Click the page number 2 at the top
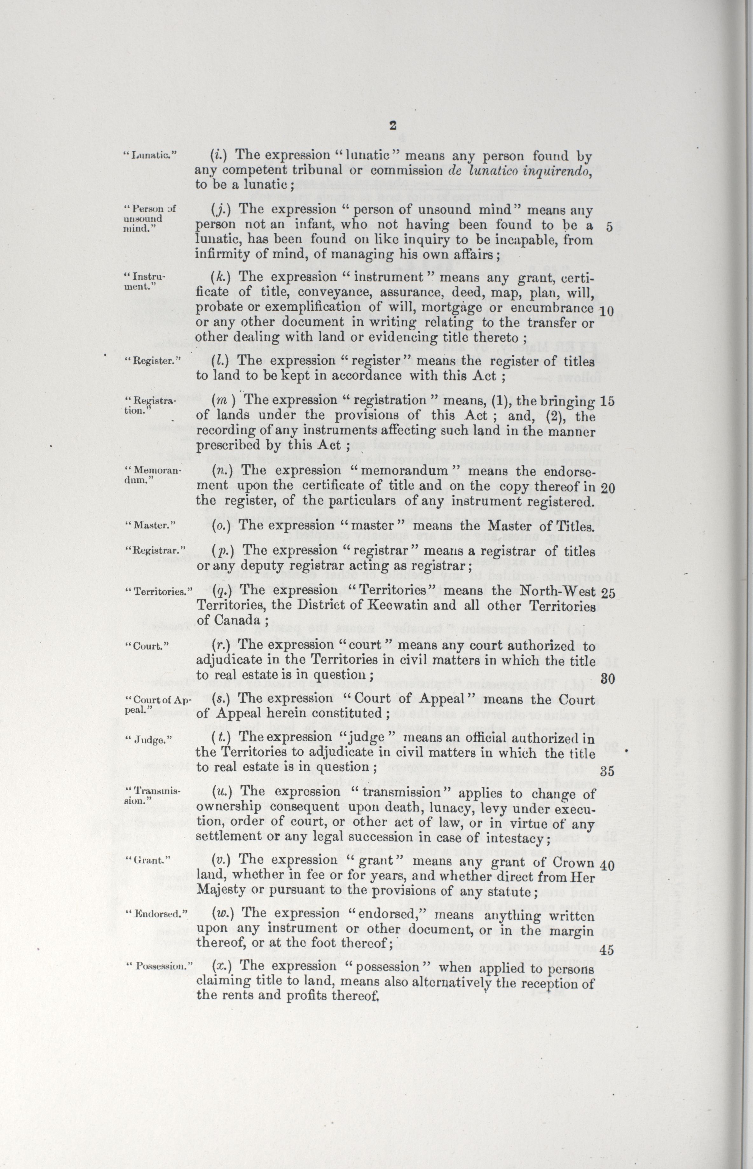392,125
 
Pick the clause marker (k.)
221,277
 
